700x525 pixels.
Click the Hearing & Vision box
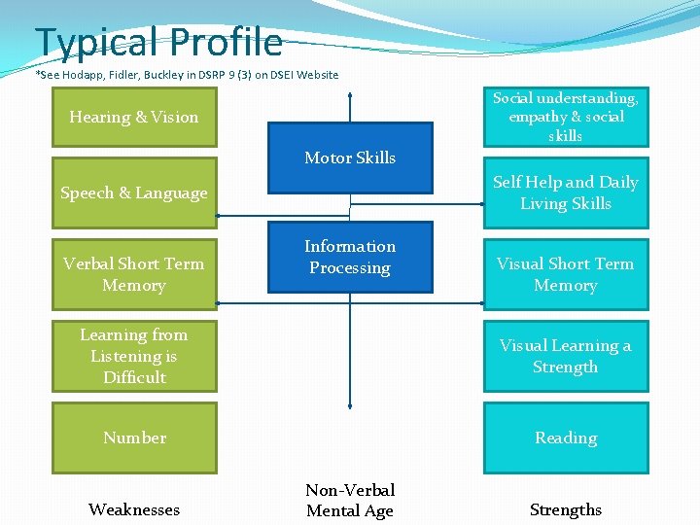coord(134,118)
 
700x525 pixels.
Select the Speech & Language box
coord(134,192)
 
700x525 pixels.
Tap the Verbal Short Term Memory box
coord(134,274)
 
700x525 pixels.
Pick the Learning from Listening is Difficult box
coord(134,356)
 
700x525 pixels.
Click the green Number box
coord(134,437)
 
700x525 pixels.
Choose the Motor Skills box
coord(350,157)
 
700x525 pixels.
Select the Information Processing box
coord(350,258)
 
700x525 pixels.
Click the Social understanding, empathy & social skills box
coord(566,117)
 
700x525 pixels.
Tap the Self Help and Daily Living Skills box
coord(566,192)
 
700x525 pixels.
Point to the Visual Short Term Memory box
coord(566,274)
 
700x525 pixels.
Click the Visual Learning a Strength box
coord(566,356)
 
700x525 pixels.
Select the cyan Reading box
coord(566,437)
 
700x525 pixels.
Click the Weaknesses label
coord(134,509)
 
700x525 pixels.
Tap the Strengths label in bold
coord(566,509)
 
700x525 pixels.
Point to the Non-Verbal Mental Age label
coord(350,500)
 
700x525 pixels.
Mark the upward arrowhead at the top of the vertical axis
coord(350,95)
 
